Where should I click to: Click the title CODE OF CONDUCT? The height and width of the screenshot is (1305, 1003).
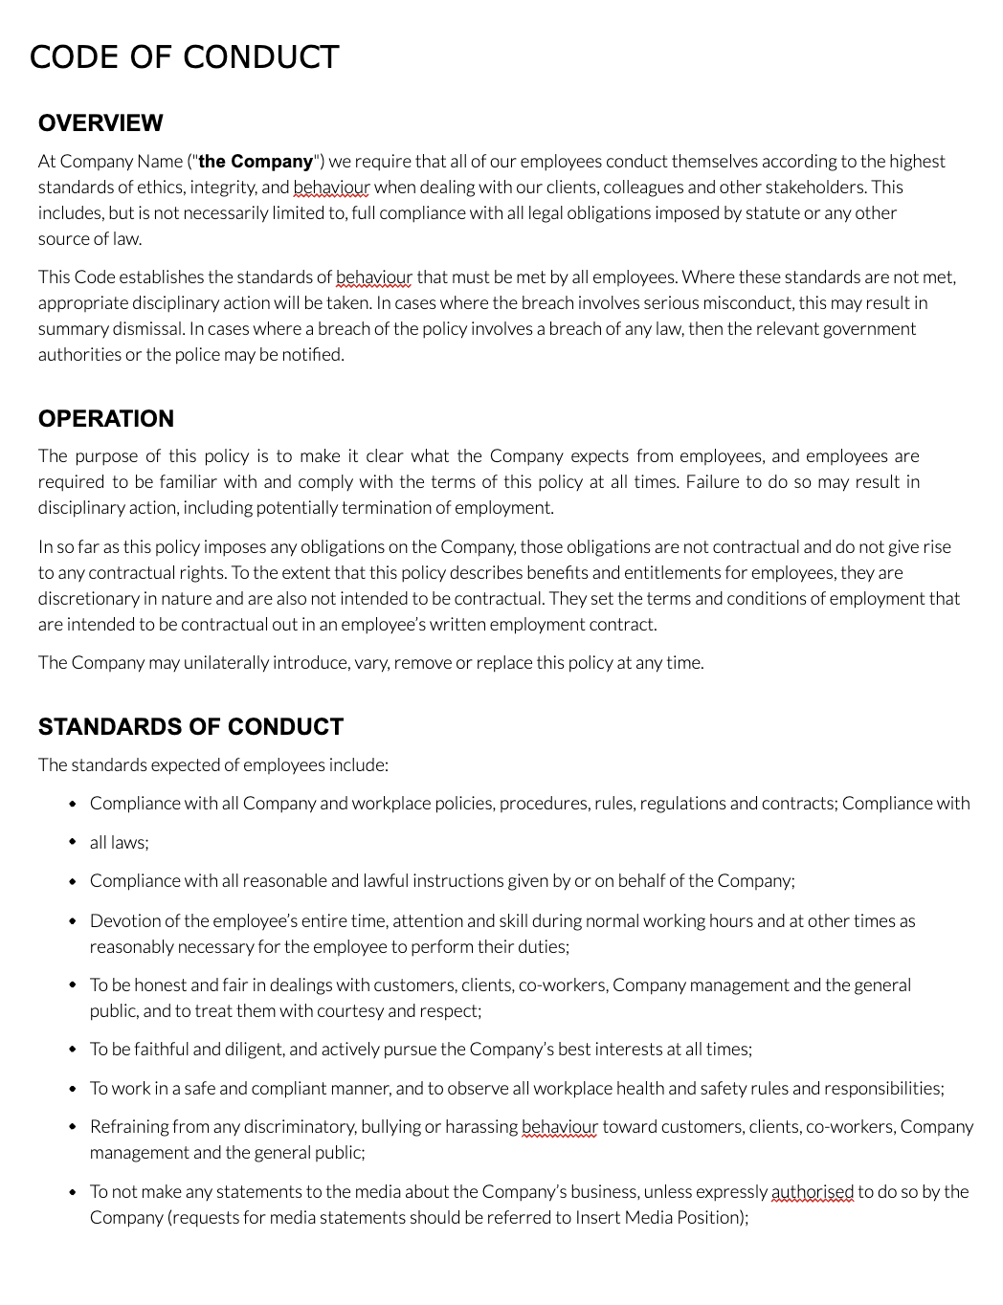pos(184,57)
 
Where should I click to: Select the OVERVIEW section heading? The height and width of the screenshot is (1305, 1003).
pos(100,123)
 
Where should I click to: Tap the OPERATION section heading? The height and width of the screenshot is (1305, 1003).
pos(106,419)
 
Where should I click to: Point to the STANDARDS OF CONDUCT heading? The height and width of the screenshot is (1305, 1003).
pos(190,727)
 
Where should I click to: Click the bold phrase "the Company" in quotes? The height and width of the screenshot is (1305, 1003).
pos(256,162)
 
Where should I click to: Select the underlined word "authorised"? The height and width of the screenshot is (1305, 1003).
pos(812,1192)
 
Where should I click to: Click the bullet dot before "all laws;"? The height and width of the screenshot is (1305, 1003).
pos(73,843)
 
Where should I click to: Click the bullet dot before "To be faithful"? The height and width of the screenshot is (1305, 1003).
pos(73,1050)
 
